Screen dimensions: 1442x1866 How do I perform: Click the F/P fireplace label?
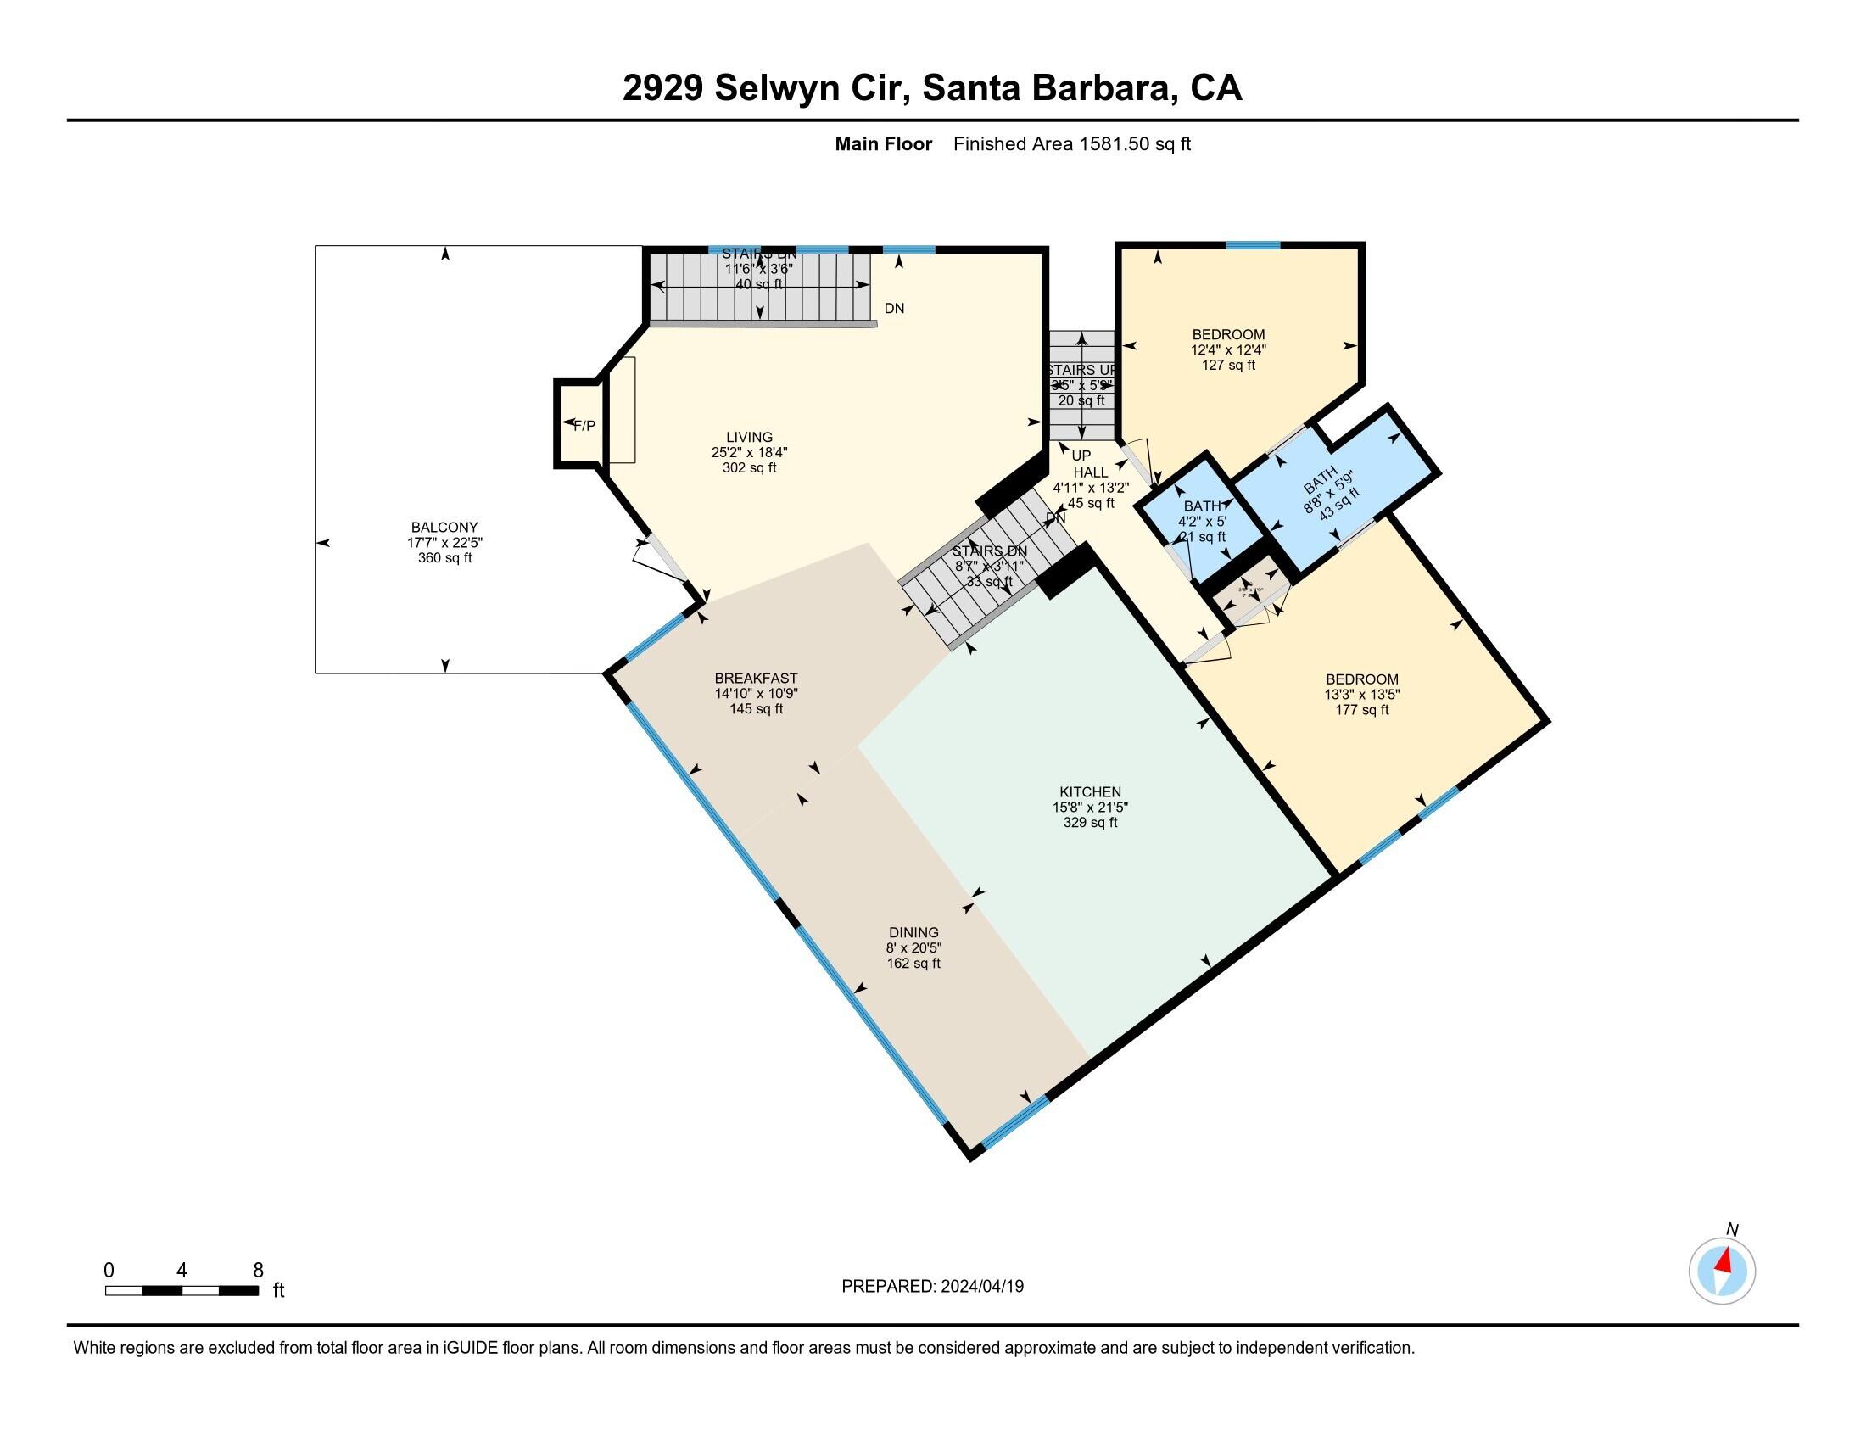point(584,426)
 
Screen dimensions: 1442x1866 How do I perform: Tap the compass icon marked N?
point(1722,1271)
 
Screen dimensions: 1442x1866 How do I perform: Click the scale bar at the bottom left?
point(182,1291)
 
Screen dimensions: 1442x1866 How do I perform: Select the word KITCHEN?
point(1090,792)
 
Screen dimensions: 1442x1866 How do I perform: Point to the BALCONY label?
point(444,527)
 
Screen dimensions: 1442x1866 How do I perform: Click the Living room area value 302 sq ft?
point(749,468)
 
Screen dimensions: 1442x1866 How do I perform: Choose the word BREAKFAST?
point(756,679)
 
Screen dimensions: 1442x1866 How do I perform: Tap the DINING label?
point(913,933)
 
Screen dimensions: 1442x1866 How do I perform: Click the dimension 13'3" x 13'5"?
point(1362,695)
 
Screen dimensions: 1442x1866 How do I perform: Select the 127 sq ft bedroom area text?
point(1229,365)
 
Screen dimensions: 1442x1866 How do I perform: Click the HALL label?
point(1091,472)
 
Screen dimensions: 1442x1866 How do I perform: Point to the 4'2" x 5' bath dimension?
point(1202,521)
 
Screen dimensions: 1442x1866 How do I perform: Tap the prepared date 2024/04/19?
point(981,1287)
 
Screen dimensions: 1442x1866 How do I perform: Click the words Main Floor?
point(883,144)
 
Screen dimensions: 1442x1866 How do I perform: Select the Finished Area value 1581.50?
point(1115,144)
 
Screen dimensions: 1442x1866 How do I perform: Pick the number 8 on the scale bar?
point(258,1271)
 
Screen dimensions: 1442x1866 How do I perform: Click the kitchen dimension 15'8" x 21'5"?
point(1090,808)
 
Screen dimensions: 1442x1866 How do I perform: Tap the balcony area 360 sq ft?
point(444,558)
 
